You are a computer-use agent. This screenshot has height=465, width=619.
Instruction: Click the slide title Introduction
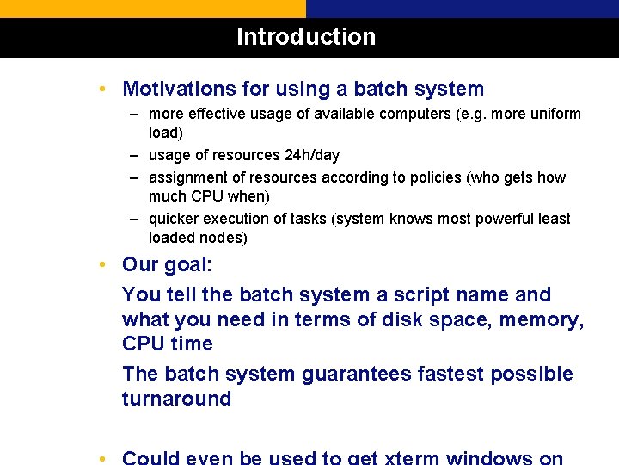coord(306,37)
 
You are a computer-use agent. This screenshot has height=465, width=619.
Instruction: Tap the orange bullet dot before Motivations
coord(102,89)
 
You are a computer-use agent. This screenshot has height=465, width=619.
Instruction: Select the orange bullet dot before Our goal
coord(102,264)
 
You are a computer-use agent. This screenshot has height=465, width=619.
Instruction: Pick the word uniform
coord(554,114)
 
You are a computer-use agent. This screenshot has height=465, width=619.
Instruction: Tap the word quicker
coord(175,219)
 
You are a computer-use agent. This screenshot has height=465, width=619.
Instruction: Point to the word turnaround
coord(176,399)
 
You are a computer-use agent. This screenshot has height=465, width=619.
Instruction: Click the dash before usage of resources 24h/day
coord(136,156)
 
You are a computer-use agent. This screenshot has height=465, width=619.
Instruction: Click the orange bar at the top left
coord(152,9)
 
